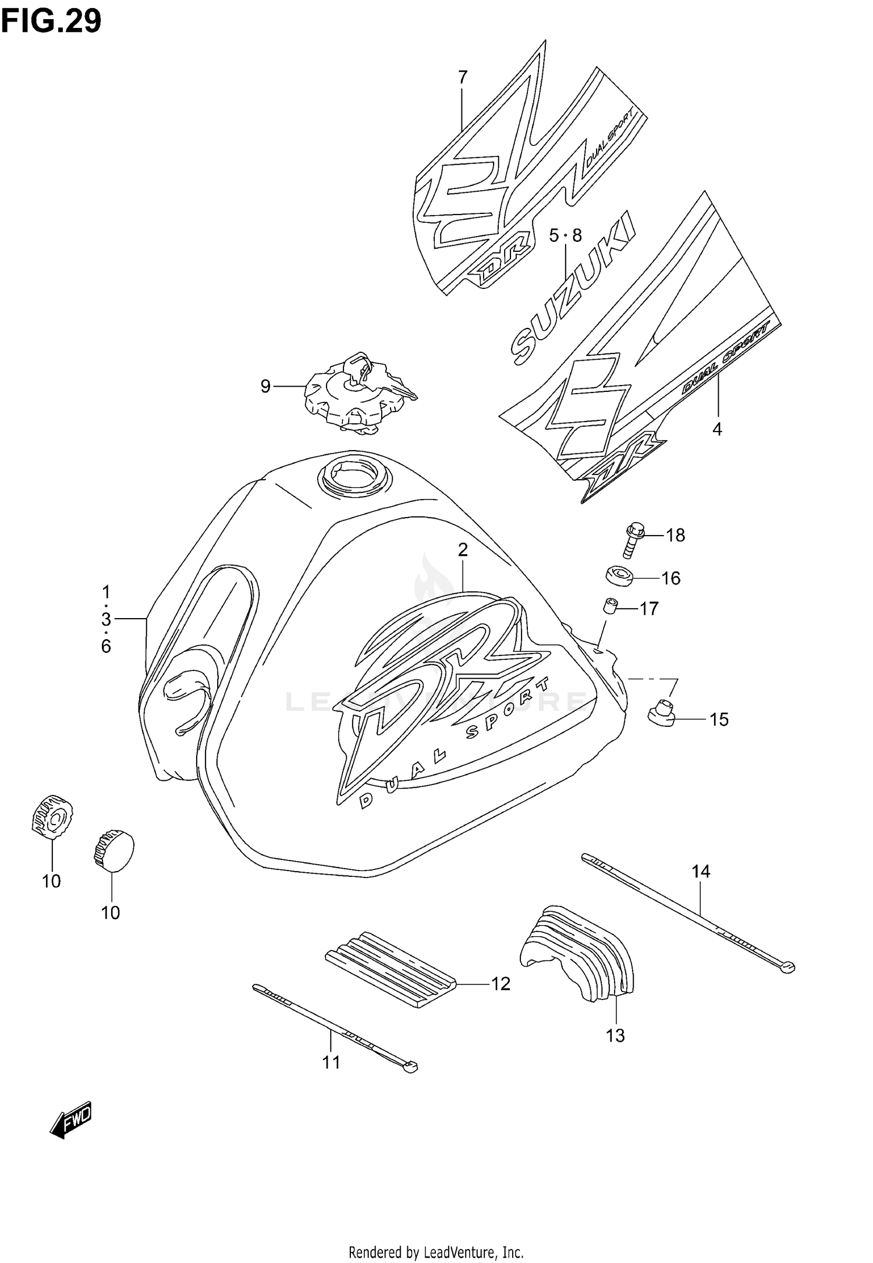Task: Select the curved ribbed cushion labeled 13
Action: coord(576,952)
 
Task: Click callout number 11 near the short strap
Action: coord(331,1062)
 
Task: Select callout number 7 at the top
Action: coord(463,77)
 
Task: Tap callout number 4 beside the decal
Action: coord(717,430)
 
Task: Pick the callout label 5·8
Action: coord(565,236)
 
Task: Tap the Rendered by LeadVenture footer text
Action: coord(436,1251)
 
